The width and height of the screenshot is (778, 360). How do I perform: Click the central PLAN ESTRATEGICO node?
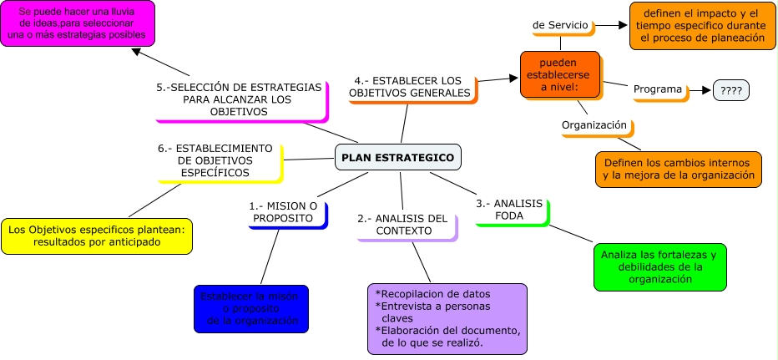397,157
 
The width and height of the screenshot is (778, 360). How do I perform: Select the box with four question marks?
730,90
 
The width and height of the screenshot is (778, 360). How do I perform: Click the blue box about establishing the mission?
250,309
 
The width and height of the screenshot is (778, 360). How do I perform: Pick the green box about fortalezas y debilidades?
659,266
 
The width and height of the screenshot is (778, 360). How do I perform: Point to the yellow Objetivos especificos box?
97,235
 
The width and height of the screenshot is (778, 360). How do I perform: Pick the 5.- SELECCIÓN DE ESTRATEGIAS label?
240,99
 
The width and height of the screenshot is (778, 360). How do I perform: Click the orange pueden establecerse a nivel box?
559,74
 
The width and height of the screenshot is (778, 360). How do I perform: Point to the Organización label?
594,125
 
